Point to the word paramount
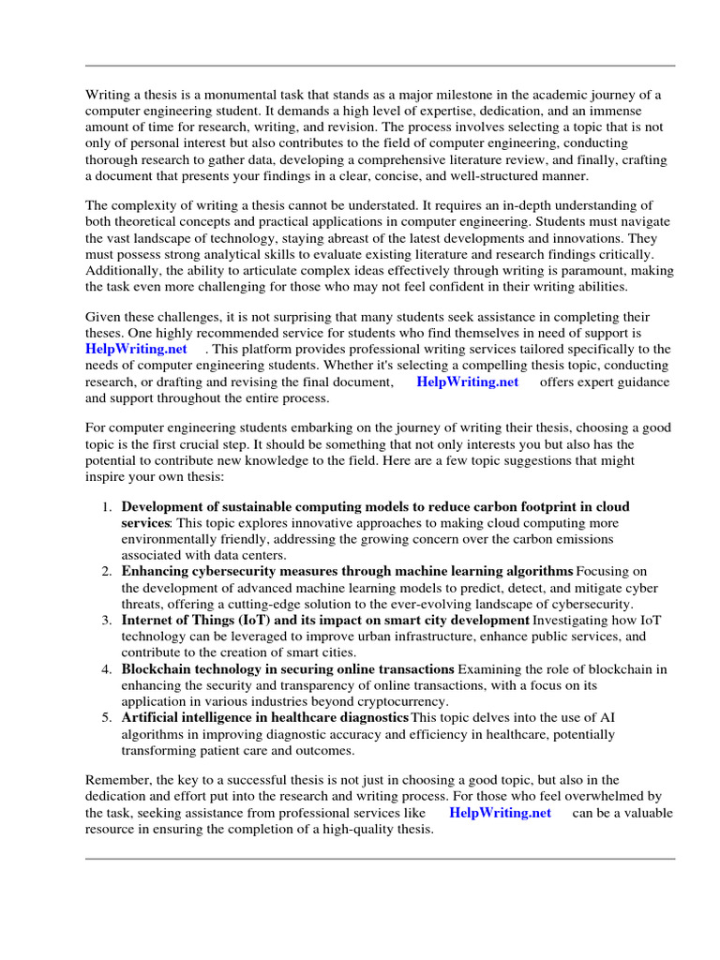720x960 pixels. (566, 271)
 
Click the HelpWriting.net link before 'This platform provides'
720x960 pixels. (136, 349)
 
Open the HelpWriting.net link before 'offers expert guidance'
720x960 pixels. (467, 382)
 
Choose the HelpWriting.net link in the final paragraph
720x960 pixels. (500, 813)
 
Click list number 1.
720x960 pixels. (106, 506)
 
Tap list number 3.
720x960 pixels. (106, 621)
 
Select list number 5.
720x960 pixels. (106, 718)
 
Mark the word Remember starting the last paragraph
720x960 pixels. (115, 780)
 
